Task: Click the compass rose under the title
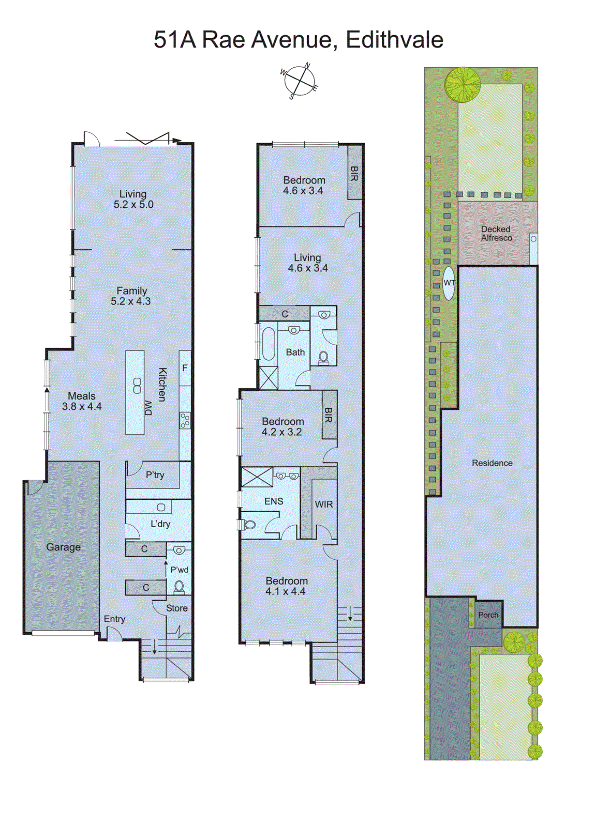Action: pos(299,81)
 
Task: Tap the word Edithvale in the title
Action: pos(394,40)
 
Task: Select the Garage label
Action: pos(63,547)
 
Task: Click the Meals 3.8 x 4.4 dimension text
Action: pos(82,407)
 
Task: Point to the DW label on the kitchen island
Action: pos(148,408)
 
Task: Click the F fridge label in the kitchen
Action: pos(185,368)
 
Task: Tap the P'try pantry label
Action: pos(155,474)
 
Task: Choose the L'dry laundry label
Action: pos(160,524)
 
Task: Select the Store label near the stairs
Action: pos(177,608)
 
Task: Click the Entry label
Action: pos(114,619)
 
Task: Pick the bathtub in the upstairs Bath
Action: pos(269,343)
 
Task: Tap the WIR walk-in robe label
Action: pos(324,504)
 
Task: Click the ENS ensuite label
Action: pos(274,501)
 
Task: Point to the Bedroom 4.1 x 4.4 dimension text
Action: pos(286,591)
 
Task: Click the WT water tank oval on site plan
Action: pos(449,283)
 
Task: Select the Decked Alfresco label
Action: pos(496,233)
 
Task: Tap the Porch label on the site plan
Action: pos(488,615)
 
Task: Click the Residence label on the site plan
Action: pos(492,463)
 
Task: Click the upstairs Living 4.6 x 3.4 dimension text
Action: pos(308,268)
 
